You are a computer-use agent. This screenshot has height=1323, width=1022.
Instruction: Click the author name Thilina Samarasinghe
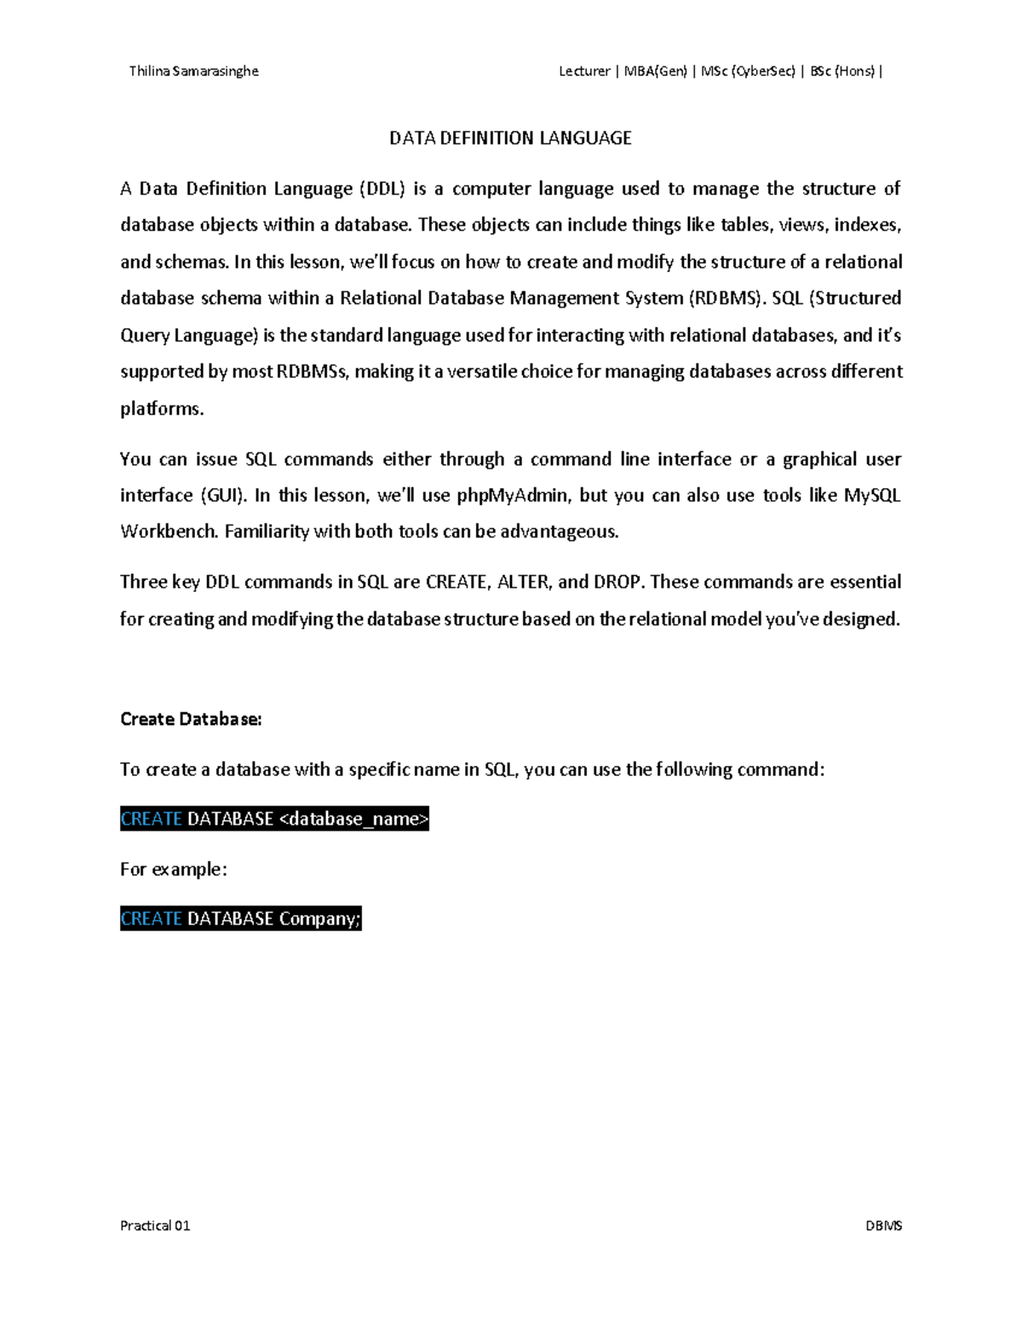click(x=193, y=72)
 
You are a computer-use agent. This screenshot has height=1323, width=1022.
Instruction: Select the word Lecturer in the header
click(x=584, y=72)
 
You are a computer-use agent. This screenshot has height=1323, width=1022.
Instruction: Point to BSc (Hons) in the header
click(x=842, y=72)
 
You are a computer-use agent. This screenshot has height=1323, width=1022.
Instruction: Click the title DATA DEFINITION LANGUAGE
click(x=510, y=138)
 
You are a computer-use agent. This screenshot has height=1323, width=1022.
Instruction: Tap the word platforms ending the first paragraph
click(x=162, y=409)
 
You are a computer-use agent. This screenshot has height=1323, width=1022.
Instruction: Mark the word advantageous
click(x=559, y=532)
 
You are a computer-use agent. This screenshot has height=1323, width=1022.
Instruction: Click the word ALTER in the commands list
click(x=524, y=583)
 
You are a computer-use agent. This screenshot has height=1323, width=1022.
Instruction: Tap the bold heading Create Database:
click(x=191, y=719)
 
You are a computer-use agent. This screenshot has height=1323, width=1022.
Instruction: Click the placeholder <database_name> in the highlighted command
click(x=353, y=819)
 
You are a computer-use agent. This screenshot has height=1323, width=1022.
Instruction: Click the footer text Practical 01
click(x=155, y=1226)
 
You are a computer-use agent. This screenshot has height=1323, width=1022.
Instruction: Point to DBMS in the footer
click(x=883, y=1226)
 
